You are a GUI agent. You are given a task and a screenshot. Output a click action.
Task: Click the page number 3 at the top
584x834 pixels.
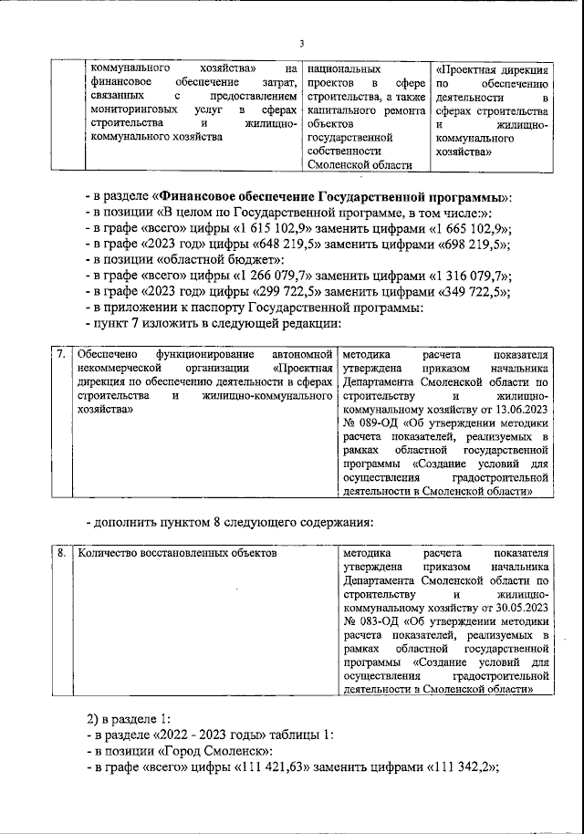click(301, 45)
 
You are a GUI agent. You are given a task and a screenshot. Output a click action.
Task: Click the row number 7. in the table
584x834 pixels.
click(60, 353)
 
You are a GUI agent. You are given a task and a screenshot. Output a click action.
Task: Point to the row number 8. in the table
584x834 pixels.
click(60, 553)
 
